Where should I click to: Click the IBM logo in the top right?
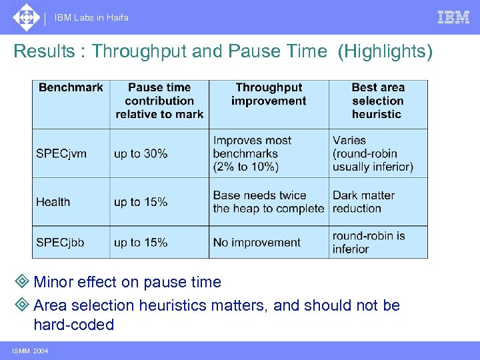point(453,17)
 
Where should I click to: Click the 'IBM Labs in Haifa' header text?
point(92,18)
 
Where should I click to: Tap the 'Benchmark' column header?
point(71,87)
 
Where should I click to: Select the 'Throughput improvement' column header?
point(269,94)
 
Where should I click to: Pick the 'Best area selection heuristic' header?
point(378,101)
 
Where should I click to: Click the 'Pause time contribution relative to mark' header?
point(159,101)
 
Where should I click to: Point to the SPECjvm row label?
point(61,153)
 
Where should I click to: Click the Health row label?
point(53,202)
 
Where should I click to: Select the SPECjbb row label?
point(60,243)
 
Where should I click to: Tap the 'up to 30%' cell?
point(141,153)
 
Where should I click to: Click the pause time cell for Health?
point(141,202)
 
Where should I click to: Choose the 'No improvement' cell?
point(257,243)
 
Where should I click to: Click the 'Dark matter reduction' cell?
point(363,202)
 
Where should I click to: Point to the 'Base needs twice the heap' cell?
point(268,202)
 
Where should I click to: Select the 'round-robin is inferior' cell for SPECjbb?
point(369,242)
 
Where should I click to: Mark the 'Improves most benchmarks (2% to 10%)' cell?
point(252,153)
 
